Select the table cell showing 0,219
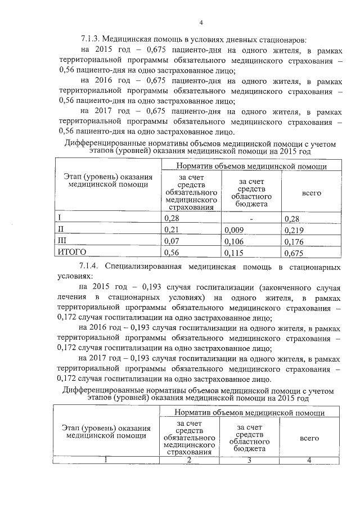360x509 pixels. point(295,230)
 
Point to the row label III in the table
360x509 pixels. point(63,241)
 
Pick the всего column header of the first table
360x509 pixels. point(311,193)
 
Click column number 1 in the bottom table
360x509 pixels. point(106,461)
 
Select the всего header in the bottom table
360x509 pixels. point(309,438)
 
